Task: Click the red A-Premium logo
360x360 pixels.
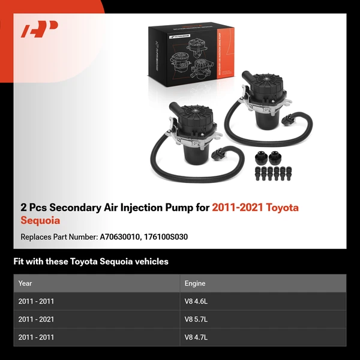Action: pyautogui.click(x=40, y=29)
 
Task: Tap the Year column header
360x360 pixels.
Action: pyautogui.click(x=25, y=283)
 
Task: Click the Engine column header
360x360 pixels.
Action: pyautogui.click(x=195, y=283)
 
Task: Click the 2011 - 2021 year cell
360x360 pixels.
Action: pyautogui.click(x=36, y=319)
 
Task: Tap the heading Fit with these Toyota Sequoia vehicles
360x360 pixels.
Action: pyautogui.click(x=91, y=262)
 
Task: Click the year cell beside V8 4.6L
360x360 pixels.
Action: pyautogui.click(x=36, y=301)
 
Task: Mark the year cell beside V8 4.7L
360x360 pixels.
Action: pyautogui.click(x=36, y=337)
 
